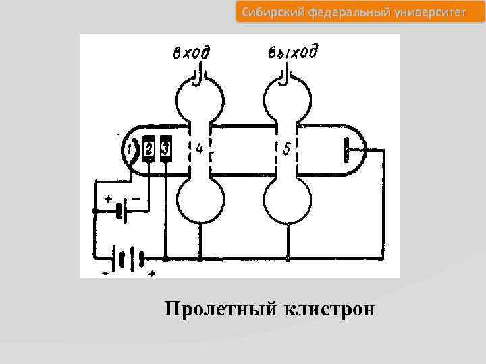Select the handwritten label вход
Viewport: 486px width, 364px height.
(191, 53)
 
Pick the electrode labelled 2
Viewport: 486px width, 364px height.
(149, 148)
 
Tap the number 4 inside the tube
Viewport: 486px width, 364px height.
(199, 148)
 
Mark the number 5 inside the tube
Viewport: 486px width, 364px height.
(286, 148)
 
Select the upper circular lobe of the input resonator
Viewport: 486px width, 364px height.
(199, 98)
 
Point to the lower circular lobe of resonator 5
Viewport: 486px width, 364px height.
(288, 202)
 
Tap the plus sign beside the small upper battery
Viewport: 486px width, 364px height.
(109, 198)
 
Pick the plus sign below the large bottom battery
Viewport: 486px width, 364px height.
(151, 274)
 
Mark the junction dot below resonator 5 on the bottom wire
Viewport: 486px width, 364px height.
(288, 258)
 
